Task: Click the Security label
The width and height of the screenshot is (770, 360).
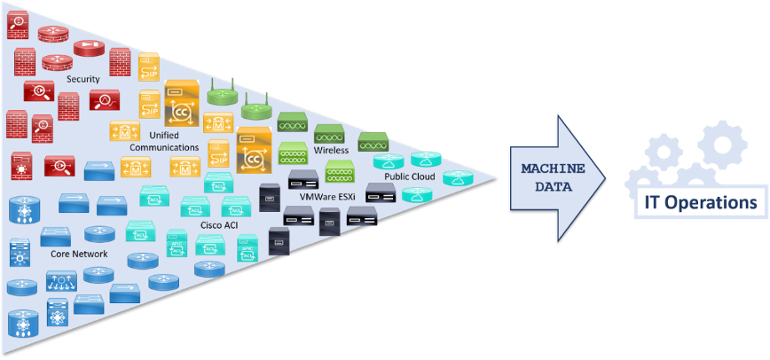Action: pyautogui.click(x=83, y=80)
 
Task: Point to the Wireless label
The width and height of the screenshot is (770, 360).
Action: pyautogui.click(x=331, y=150)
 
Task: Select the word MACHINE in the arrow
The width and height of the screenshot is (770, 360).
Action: pyautogui.click(x=553, y=168)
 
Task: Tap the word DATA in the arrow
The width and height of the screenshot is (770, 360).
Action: pyautogui.click(x=553, y=187)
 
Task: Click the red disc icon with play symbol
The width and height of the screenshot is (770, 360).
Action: pyautogui.click(x=89, y=49)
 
